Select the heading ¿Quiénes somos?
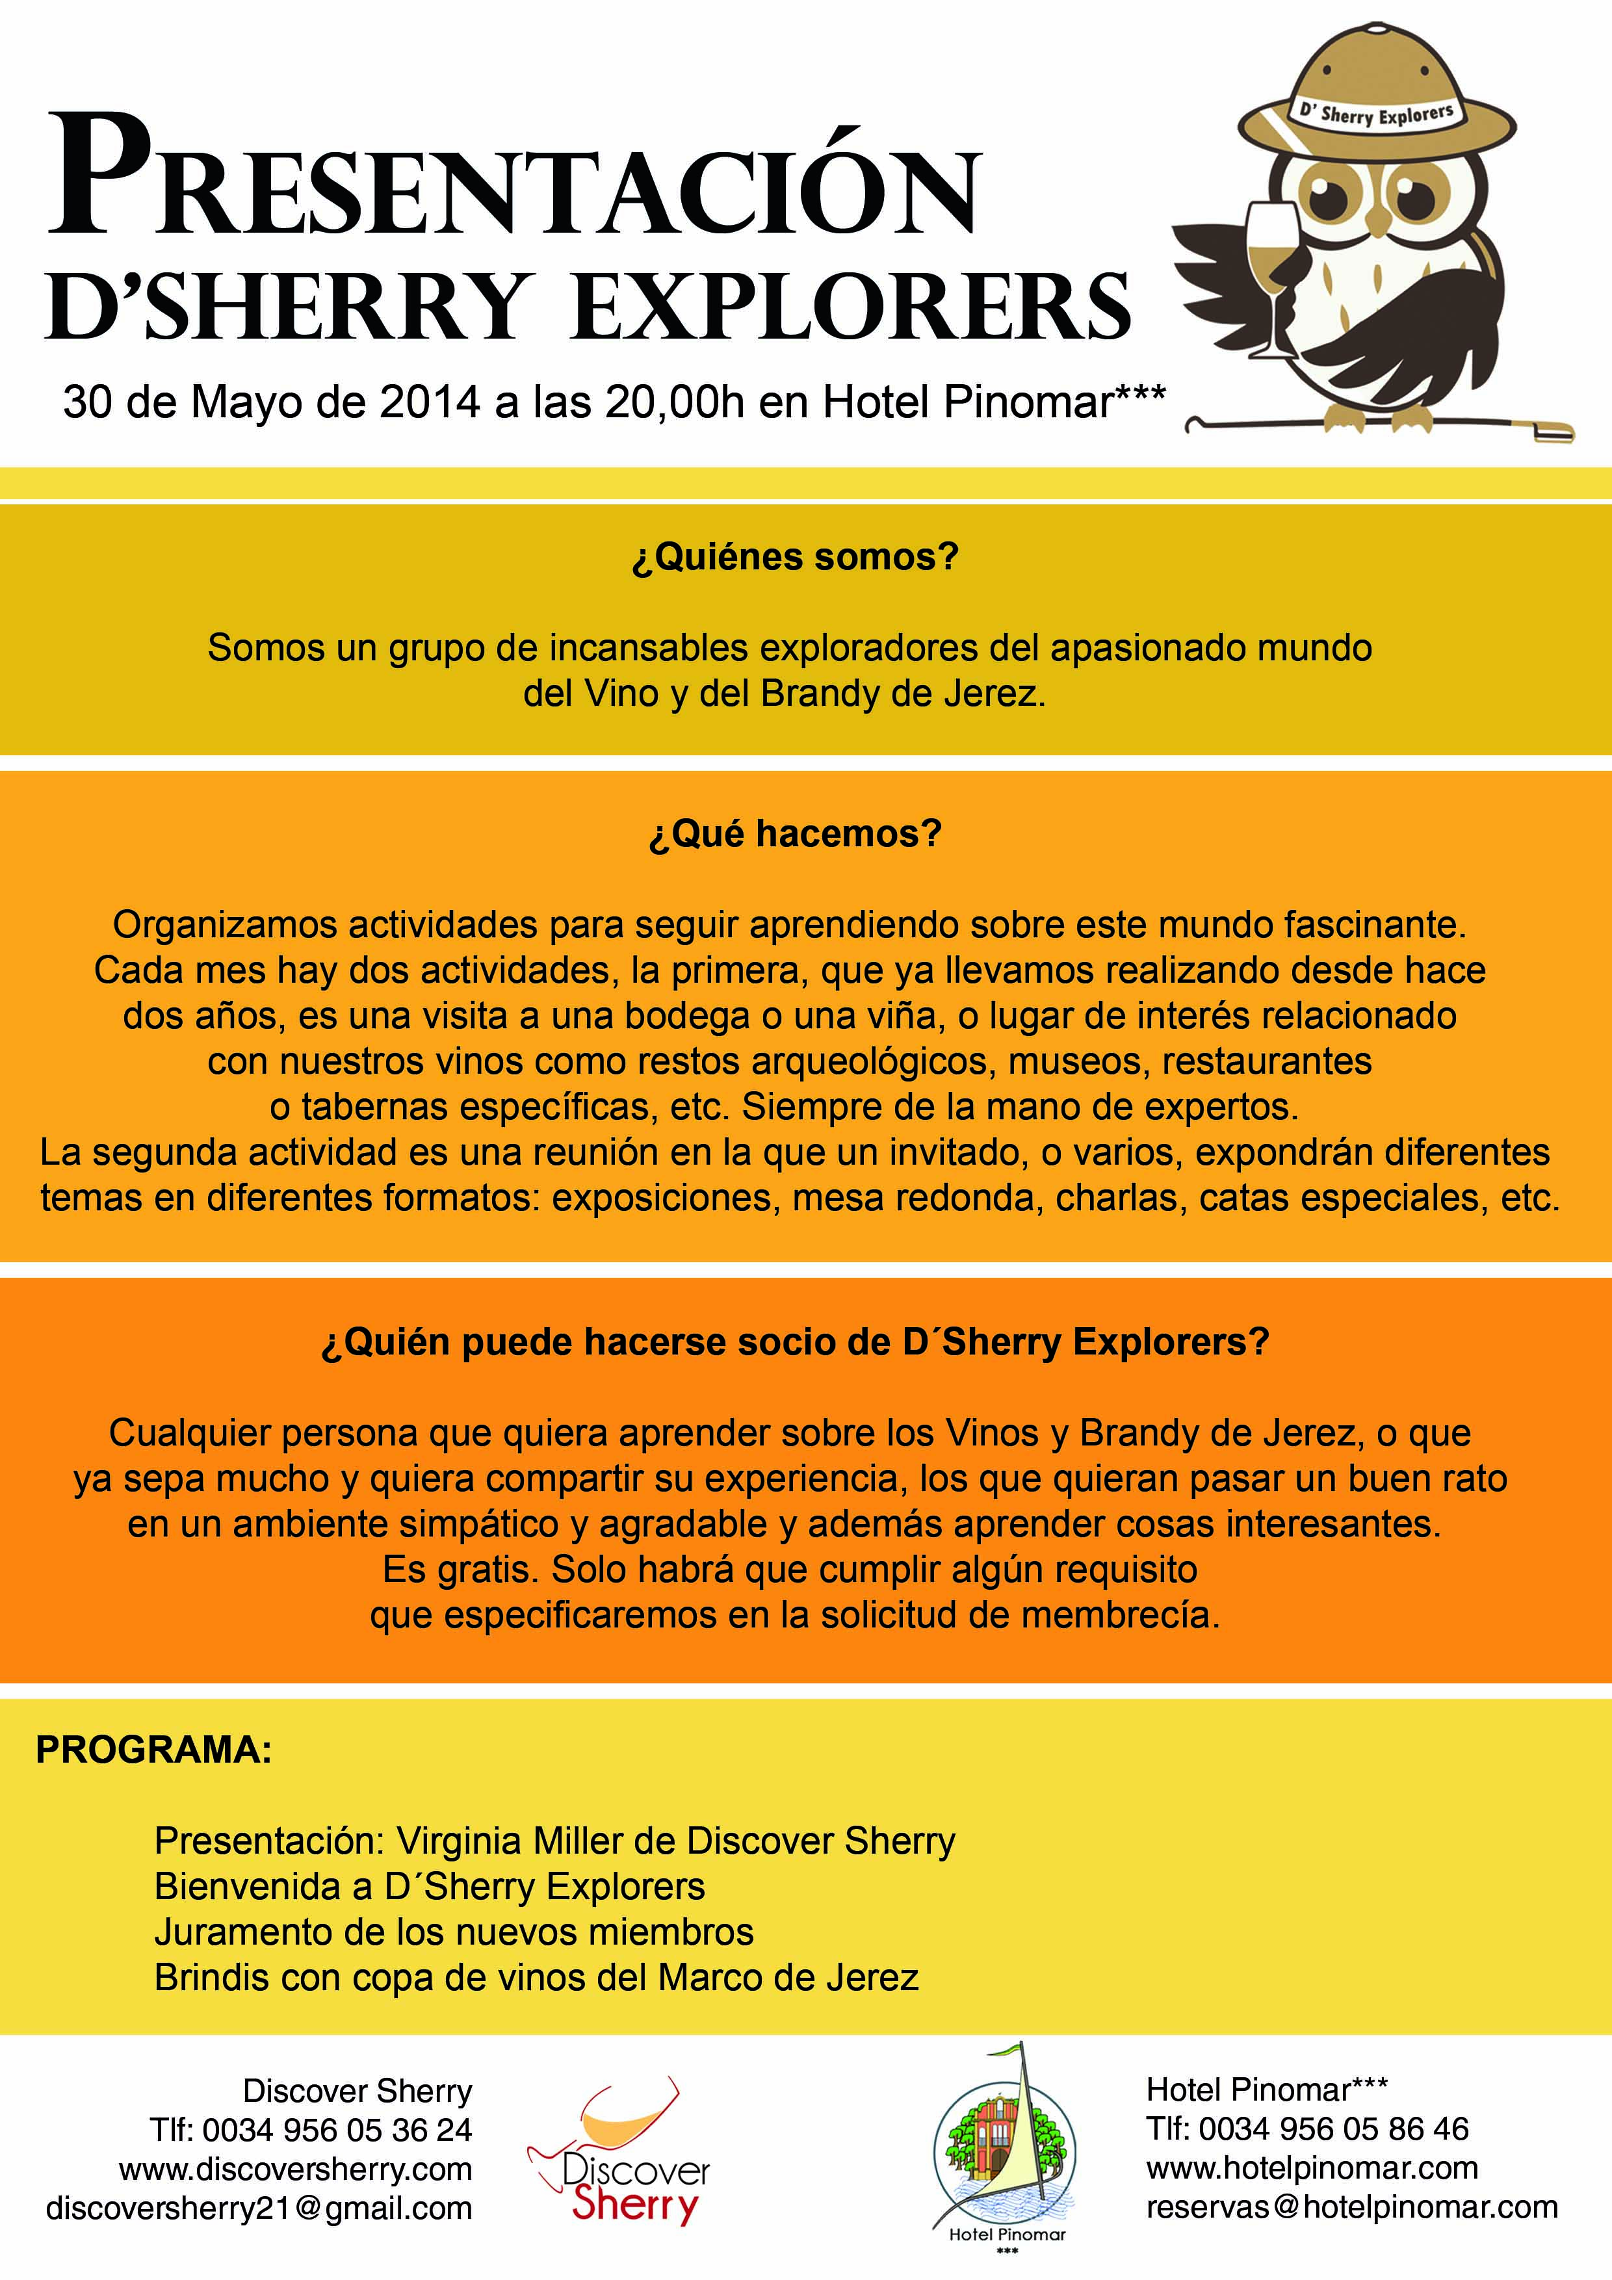click(x=794, y=557)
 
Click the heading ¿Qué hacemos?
click(x=794, y=834)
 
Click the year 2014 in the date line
click(x=430, y=402)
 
